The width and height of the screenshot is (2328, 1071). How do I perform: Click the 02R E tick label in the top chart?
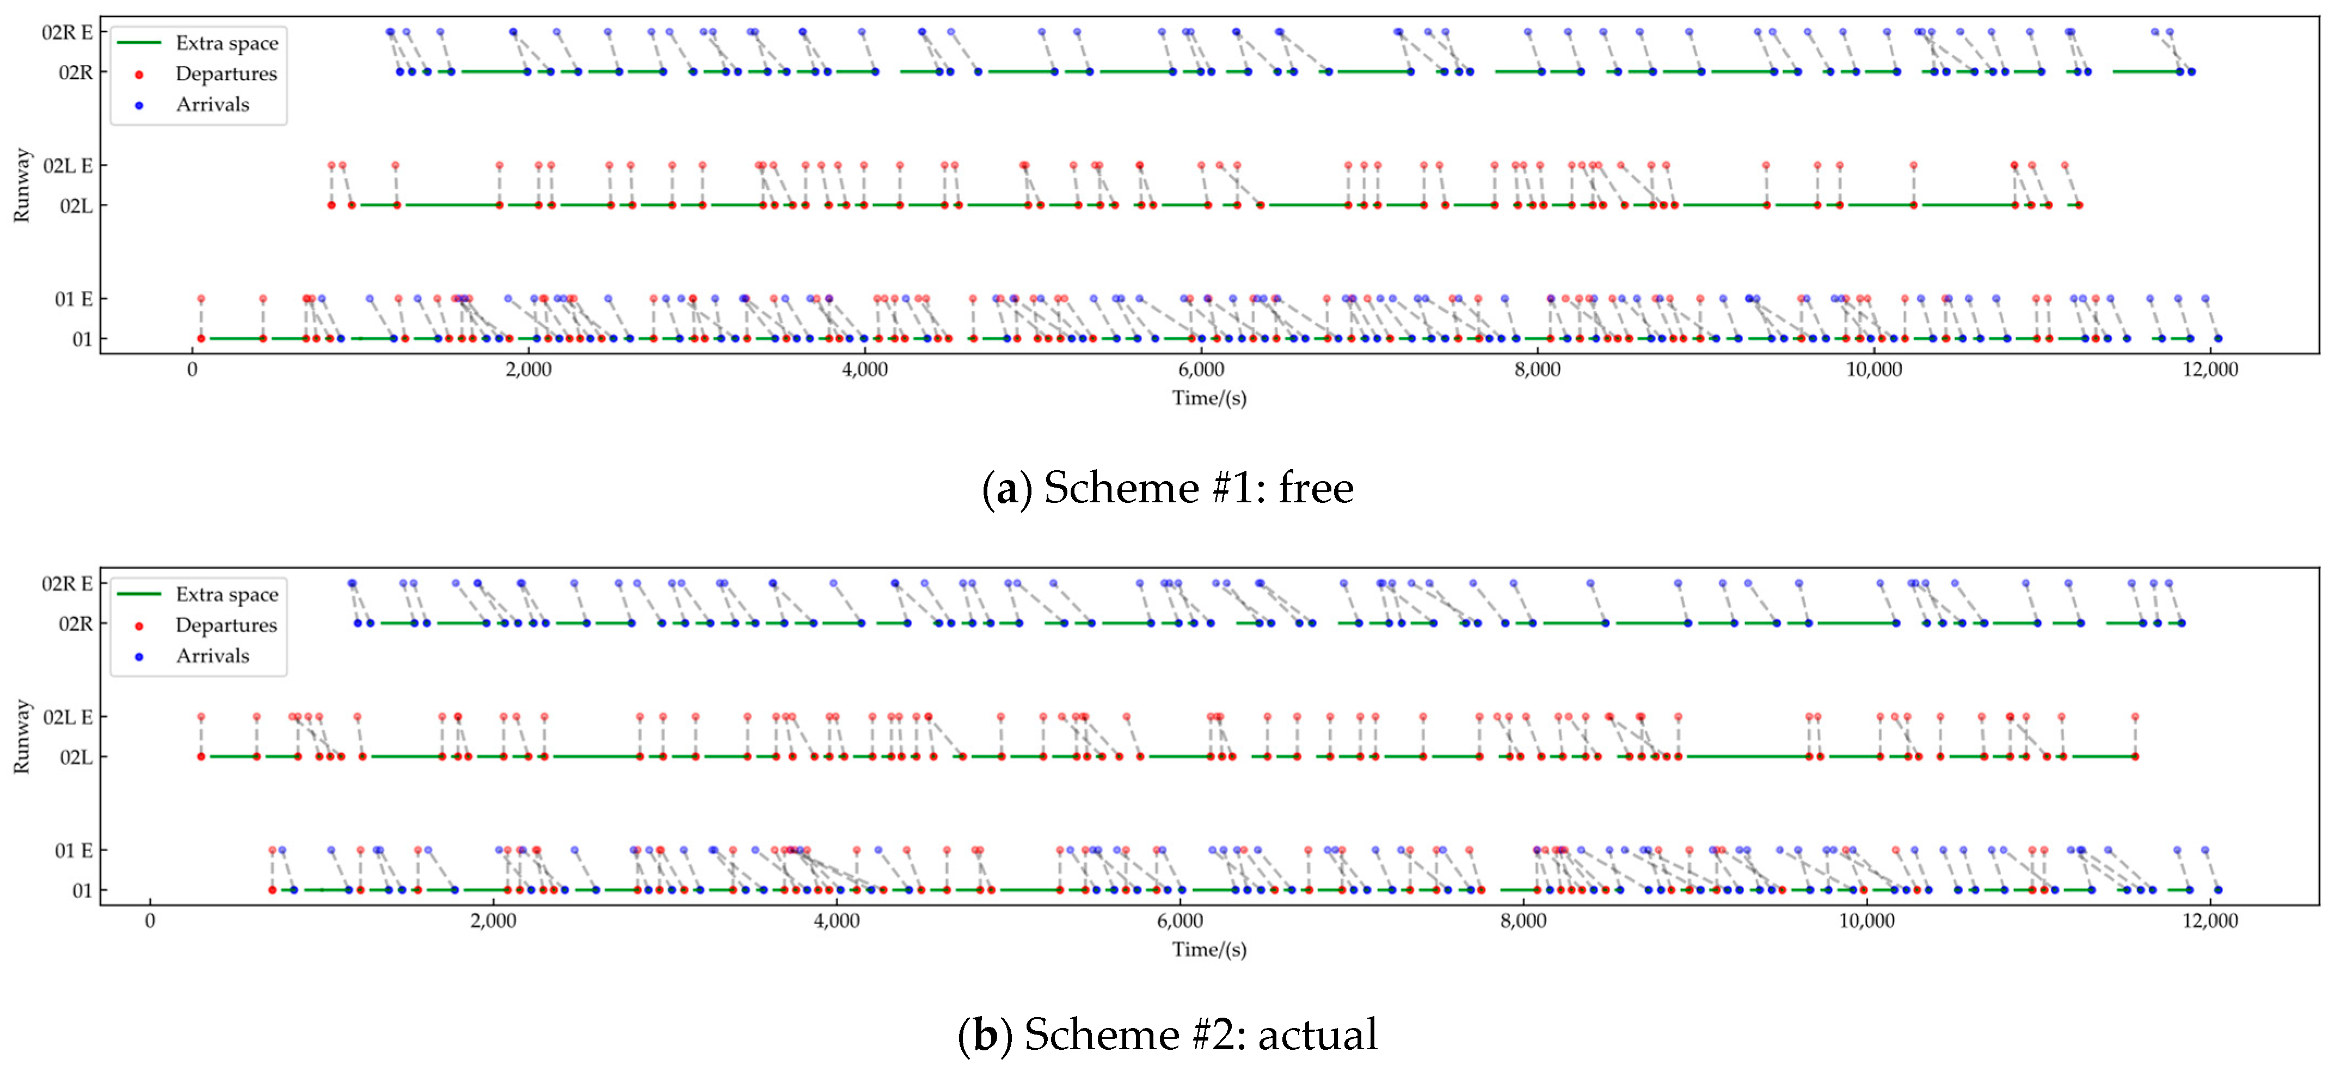(67, 33)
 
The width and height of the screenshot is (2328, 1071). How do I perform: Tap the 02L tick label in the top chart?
(76, 206)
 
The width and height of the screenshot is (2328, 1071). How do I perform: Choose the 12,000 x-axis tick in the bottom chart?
(2209, 921)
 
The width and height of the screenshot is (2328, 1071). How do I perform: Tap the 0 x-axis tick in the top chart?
(193, 370)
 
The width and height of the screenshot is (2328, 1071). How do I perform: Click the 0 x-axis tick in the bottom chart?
(150, 921)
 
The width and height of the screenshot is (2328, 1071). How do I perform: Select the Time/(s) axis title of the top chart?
(1209, 398)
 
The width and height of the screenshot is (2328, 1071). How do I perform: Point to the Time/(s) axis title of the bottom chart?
(1209, 949)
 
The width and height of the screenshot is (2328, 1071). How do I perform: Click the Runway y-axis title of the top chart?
(22, 185)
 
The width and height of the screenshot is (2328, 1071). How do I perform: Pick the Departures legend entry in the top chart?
(226, 74)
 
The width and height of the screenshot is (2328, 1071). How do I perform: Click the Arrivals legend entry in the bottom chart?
(212, 656)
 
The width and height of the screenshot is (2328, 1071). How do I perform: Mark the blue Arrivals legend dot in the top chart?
(139, 105)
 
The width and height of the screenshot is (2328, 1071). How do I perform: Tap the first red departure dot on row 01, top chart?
(201, 339)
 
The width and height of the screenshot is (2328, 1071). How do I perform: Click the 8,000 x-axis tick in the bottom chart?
(1523, 921)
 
